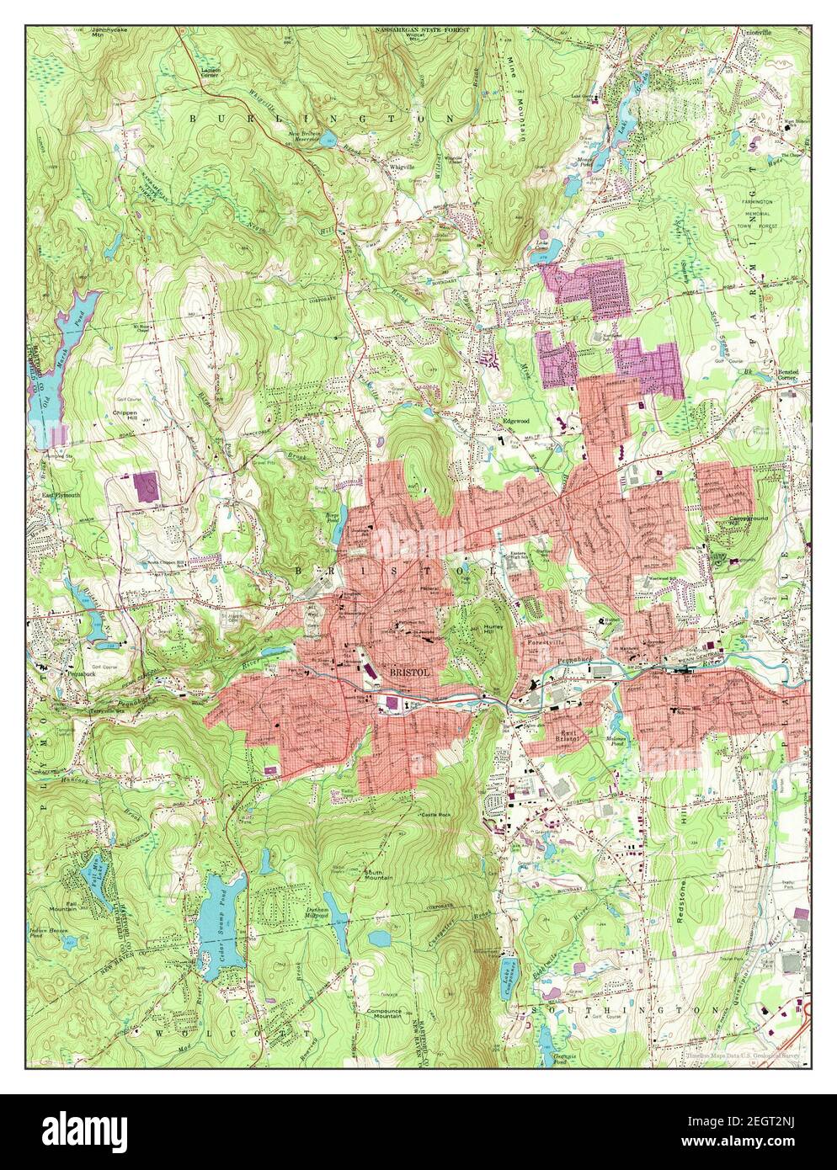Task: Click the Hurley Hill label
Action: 489,630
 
